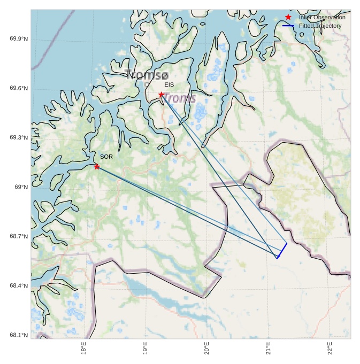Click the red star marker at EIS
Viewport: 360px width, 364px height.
[161, 95]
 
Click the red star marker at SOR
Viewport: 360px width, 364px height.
[97, 167]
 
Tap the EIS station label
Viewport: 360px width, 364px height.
[169, 85]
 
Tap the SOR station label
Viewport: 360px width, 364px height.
[106, 157]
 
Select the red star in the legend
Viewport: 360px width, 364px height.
[288, 17]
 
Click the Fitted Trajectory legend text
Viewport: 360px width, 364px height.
[320, 26]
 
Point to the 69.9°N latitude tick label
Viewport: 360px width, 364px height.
[19, 39]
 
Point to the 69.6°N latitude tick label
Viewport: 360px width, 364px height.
[19, 88]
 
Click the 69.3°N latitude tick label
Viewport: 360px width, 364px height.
[19, 137]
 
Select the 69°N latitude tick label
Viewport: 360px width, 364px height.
[21, 187]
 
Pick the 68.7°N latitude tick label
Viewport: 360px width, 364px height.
[19, 236]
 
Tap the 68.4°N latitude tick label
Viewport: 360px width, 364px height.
[19, 286]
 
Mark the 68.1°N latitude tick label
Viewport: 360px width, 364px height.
[19, 335]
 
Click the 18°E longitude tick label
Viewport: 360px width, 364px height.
[84, 348]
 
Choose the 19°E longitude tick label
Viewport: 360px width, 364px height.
[145, 348]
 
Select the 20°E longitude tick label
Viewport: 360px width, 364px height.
[207, 348]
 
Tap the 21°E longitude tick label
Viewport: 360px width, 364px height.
[269, 348]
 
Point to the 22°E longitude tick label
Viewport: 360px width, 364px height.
[330, 348]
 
